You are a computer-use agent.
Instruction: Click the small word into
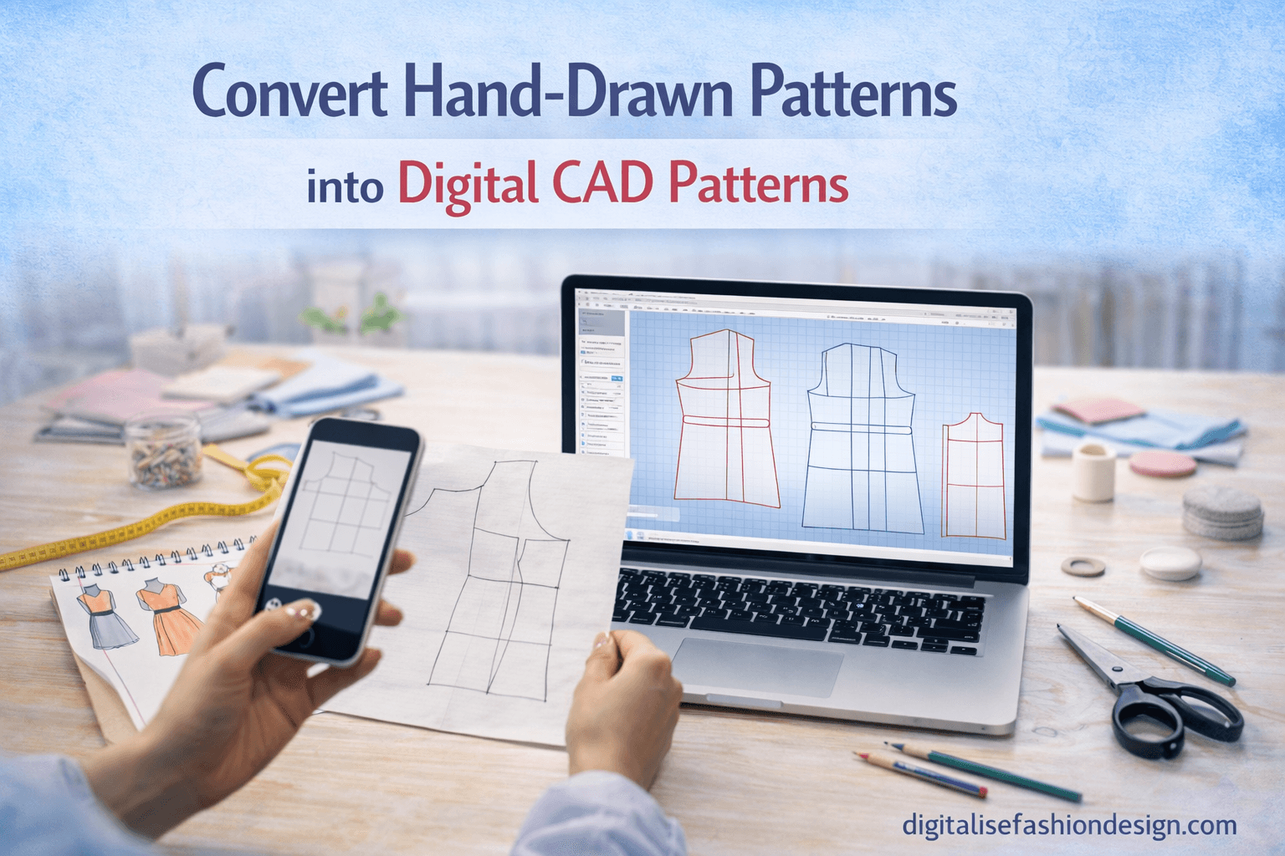[345, 187]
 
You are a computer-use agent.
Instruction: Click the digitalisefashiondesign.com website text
[1069, 825]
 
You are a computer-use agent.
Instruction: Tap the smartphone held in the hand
[343, 535]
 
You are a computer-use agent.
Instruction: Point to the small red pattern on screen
[973, 476]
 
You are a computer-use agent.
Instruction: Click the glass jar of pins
[165, 451]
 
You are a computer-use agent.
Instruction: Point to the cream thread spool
[1093, 471]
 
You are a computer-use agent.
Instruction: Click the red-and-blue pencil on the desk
[920, 772]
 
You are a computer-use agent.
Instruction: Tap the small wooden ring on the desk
[1083, 566]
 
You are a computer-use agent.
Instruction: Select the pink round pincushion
[1163, 463]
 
